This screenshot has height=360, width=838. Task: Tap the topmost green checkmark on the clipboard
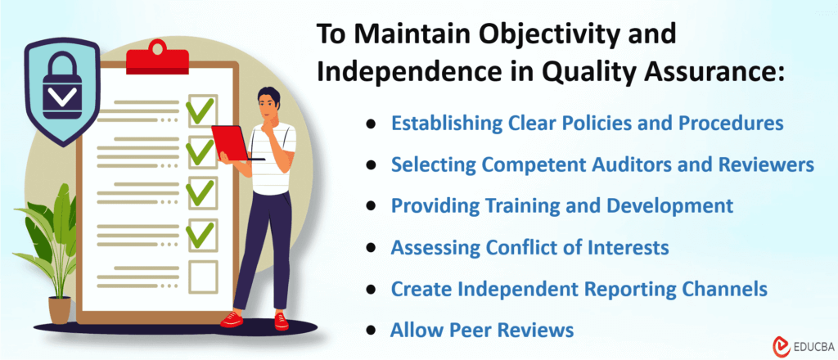coord(201,109)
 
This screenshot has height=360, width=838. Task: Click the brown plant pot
coord(60,309)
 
